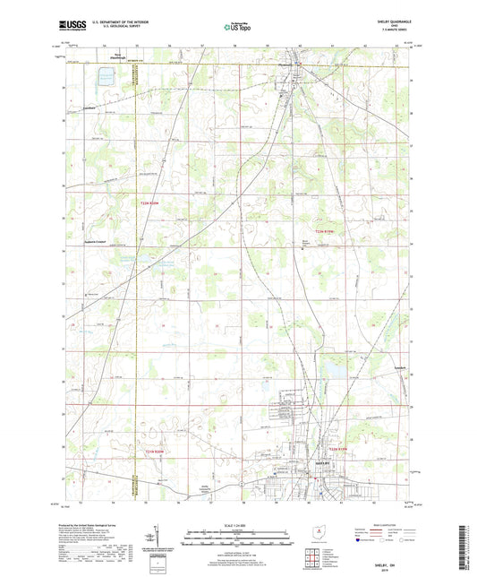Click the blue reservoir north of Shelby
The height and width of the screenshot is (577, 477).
tap(334, 367)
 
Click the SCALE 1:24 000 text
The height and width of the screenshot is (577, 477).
tap(237, 523)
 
